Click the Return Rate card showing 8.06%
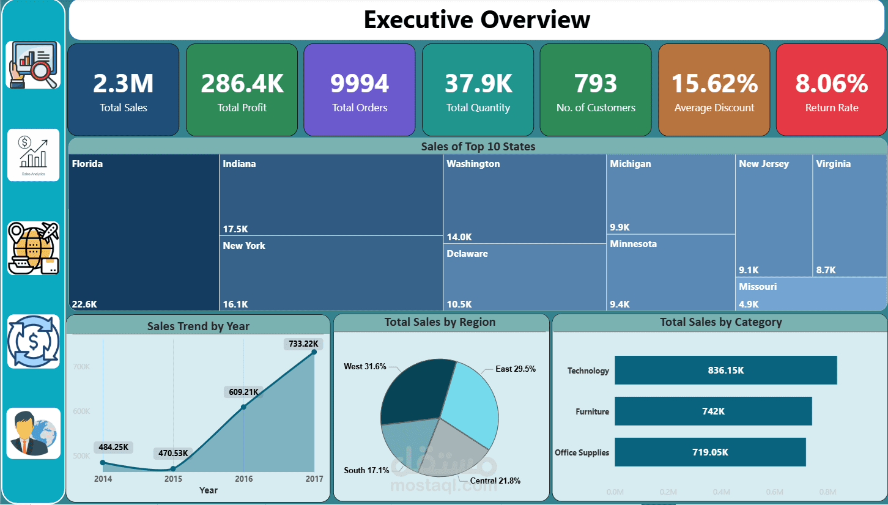click(831, 90)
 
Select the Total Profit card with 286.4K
click(242, 90)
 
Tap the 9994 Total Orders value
click(360, 84)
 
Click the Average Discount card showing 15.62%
click(714, 90)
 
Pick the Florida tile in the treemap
click(144, 232)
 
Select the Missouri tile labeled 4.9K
click(810, 295)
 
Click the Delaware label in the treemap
click(467, 254)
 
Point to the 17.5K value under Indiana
click(235, 229)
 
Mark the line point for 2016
click(243, 407)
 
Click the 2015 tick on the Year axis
click(173, 479)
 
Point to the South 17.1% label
click(366, 470)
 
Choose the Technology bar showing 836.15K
click(725, 370)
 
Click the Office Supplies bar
click(710, 452)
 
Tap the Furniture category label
click(592, 411)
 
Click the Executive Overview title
click(476, 20)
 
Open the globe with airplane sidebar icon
click(34, 248)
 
